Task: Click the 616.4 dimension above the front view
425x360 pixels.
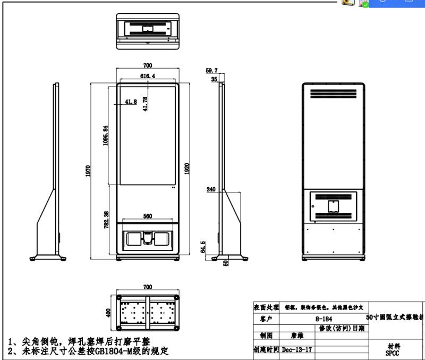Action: (148, 76)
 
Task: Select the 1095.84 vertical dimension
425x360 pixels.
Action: (106, 136)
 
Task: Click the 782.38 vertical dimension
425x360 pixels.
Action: (107, 220)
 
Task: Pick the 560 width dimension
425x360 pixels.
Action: (148, 216)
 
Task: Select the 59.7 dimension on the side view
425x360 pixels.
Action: (212, 70)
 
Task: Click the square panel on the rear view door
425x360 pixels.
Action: (333, 205)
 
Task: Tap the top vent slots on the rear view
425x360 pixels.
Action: (333, 94)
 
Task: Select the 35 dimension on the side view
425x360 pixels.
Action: (214, 79)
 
